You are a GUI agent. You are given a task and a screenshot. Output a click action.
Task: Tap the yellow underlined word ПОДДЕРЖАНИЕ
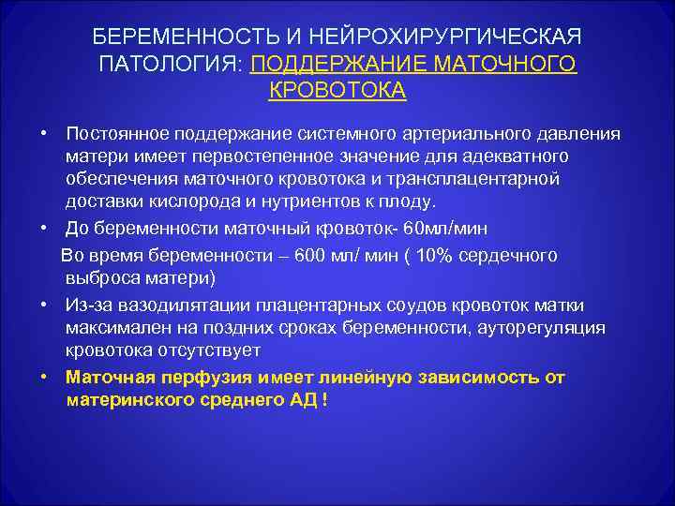pos(338,63)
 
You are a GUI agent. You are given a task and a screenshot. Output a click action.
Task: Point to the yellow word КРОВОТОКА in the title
pos(337,90)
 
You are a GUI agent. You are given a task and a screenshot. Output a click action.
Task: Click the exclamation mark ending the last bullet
pos(324,400)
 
